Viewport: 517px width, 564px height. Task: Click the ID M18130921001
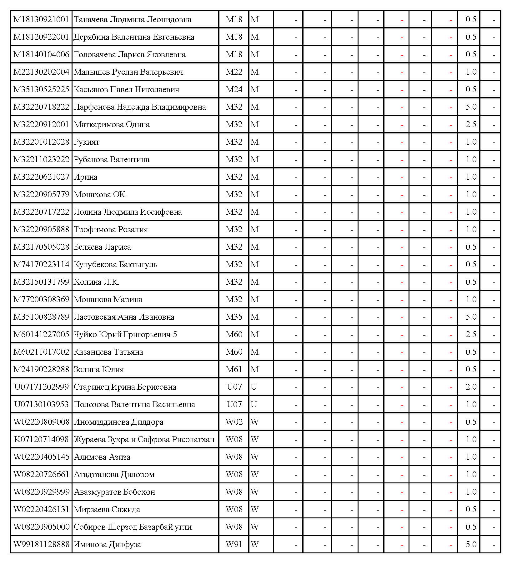click(41, 19)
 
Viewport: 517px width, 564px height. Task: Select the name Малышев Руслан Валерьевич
click(128, 72)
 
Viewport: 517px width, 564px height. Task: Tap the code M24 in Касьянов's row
click(234, 89)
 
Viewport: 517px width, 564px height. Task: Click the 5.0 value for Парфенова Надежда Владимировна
click(471, 107)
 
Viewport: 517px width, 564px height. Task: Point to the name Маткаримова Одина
click(112, 124)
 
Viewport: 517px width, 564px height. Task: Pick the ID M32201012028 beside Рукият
click(41, 142)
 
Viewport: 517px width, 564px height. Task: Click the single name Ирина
click(85, 177)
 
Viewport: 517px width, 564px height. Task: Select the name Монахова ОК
click(99, 194)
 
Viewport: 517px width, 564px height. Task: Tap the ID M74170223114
click(41, 264)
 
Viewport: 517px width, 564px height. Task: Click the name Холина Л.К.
click(96, 282)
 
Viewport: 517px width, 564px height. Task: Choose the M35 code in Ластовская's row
click(234, 317)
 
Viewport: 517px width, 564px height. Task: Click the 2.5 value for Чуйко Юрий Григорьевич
click(471, 334)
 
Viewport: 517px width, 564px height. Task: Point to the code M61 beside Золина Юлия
click(234, 369)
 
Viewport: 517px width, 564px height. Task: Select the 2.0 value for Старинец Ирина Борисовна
click(471, 387)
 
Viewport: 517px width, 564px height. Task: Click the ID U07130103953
click(41, 404)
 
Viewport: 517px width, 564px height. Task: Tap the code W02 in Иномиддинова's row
click(234, 422)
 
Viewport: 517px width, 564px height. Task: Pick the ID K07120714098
click(41, 439)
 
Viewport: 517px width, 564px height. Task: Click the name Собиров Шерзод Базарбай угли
click(133, 527)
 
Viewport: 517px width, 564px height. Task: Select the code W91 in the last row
click(234, 544)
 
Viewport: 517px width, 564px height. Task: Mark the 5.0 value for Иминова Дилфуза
click(471, 544)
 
